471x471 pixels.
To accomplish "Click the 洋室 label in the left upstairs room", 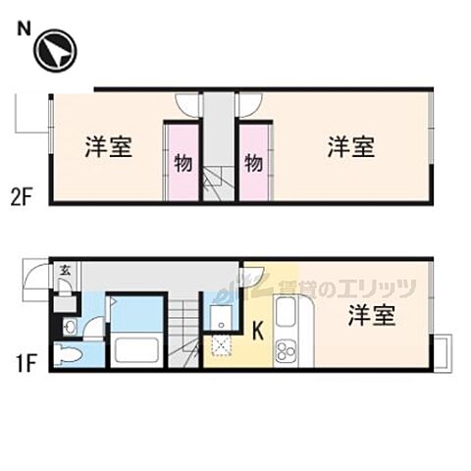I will point(108,148).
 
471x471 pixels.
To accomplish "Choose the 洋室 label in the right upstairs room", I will point(350,148).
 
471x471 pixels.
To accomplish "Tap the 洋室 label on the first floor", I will point(372,316).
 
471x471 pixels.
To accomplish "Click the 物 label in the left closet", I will point(183,162).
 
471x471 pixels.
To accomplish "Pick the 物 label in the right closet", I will point(253,162).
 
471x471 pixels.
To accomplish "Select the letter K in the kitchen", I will point(258,332).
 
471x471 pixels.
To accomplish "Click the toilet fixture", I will point(71,354).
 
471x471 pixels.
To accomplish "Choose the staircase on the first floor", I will point(185,329).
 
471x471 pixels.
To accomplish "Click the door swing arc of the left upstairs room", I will point(187,103).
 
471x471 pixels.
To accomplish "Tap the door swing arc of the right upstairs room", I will point(249,103).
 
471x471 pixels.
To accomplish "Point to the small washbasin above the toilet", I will point(70,325).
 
